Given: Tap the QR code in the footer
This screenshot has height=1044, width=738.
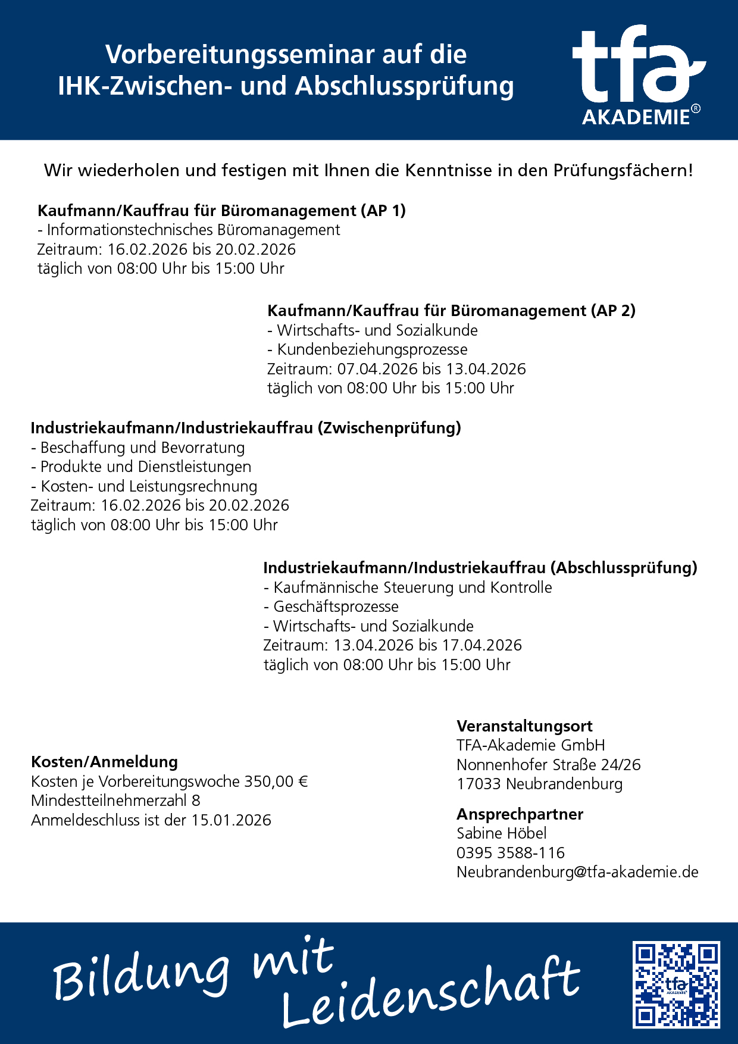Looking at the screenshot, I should point(676,984).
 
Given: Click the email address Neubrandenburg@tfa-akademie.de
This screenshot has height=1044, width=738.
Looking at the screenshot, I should point(577,872).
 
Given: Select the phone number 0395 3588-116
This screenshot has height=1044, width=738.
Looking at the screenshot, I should point(511,853).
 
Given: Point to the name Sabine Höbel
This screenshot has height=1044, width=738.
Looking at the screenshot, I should point(501,833).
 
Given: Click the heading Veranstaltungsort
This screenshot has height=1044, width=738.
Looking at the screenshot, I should point(524,726).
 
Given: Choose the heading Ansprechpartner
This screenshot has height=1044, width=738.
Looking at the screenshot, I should point(520,814).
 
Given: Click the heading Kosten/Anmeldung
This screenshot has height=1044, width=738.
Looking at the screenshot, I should point(104,762).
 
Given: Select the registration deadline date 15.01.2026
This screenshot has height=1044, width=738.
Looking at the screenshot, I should point(231,820).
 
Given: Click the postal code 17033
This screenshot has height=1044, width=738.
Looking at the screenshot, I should point(479,784).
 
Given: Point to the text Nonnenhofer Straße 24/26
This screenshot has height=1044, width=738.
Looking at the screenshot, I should point(548,765).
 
